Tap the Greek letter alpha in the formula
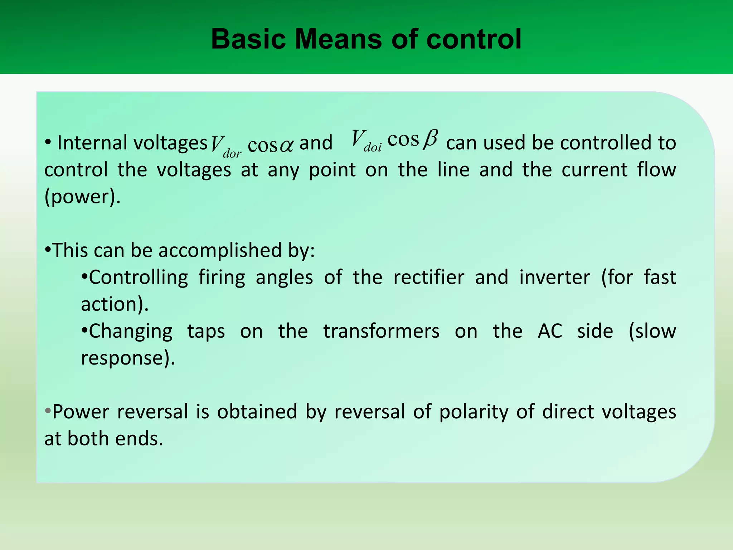tap(286, 145)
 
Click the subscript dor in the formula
tap(232, 154)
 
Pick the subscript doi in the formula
tap(373, 147)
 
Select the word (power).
tap(82, 196)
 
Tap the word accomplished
tap(220, 250)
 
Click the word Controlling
tap(138, 277)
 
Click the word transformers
tap(382, 331)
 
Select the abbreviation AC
tap(550, 331)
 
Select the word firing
tap(222, 277)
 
